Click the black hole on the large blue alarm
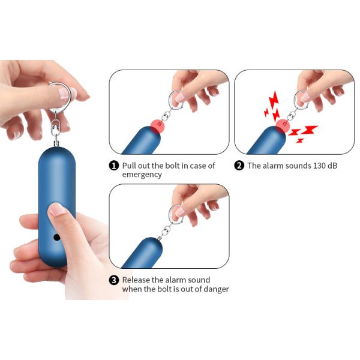(56, 237)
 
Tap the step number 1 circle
(114, 166)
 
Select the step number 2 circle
(239, 166)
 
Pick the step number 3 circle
(114, 280)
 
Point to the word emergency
(142, 175)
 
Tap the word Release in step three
(136, 280)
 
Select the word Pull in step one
(129, 166)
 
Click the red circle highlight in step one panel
(157, 126)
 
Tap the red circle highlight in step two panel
(283, 126)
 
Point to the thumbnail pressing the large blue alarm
(56, 209)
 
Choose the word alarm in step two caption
(272, 166)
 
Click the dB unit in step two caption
(332, 166)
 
